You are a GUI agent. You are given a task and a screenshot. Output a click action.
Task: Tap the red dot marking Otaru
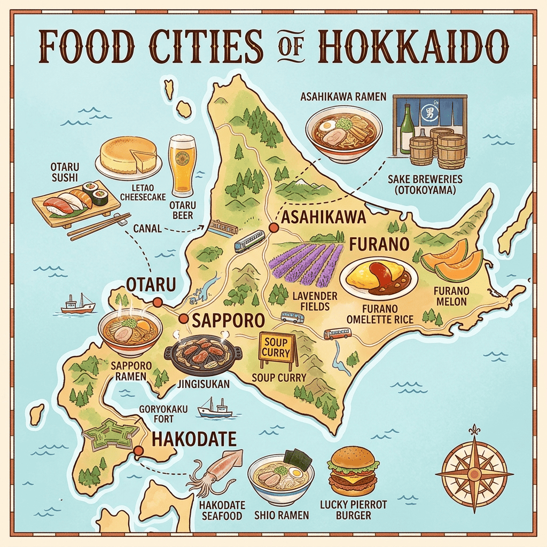[x=157, y=303]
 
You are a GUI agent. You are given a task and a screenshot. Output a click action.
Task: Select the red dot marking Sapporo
[x=183, y=319]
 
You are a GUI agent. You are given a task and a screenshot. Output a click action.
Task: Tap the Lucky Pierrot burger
[x=353, y=472]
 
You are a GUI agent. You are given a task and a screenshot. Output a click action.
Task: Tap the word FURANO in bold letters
[x=379, y=245]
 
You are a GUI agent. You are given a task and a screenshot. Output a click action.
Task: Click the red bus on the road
[x=337, y=334]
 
